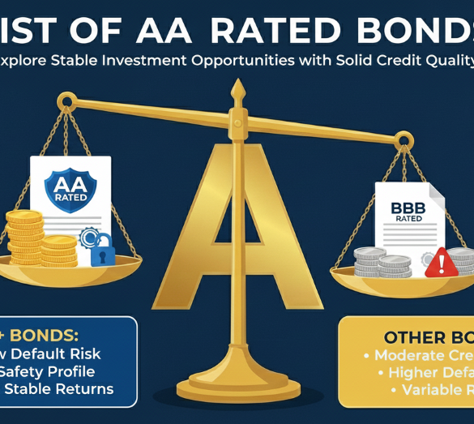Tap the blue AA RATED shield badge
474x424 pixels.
[70, 187]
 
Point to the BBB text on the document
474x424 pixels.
[408, 209]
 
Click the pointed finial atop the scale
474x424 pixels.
[237, 88]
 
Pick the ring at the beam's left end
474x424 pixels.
[66, 102]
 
